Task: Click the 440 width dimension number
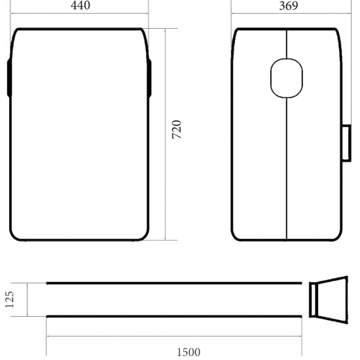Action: [x=81, y=6]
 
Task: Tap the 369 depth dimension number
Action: [x=288, y=6]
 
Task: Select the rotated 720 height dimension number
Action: [x=177, y=130]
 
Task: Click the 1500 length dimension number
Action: [x=189, y=352]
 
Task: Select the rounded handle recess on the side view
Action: [x=287, y=77]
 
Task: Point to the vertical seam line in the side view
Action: [x=287, y=164]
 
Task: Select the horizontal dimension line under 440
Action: [x=81, y=14]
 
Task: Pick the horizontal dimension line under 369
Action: [x=288, y=14]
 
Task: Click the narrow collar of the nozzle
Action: [x=314, y=300]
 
